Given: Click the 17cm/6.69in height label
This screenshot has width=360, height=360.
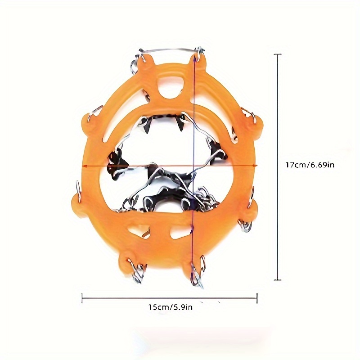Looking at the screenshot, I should click(x=310, y=165).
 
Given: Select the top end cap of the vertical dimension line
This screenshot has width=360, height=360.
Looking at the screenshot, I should click(x=278, y=54).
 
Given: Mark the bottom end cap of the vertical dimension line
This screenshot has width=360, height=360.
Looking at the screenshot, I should click(x=278, y=280).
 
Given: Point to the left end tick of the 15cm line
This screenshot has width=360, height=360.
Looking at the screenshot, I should click(x=82, y=297).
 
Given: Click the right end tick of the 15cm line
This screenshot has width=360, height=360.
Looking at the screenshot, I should click(x=257, y=297).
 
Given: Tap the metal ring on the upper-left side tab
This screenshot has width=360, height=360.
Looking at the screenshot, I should click(x=94, y=112).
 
